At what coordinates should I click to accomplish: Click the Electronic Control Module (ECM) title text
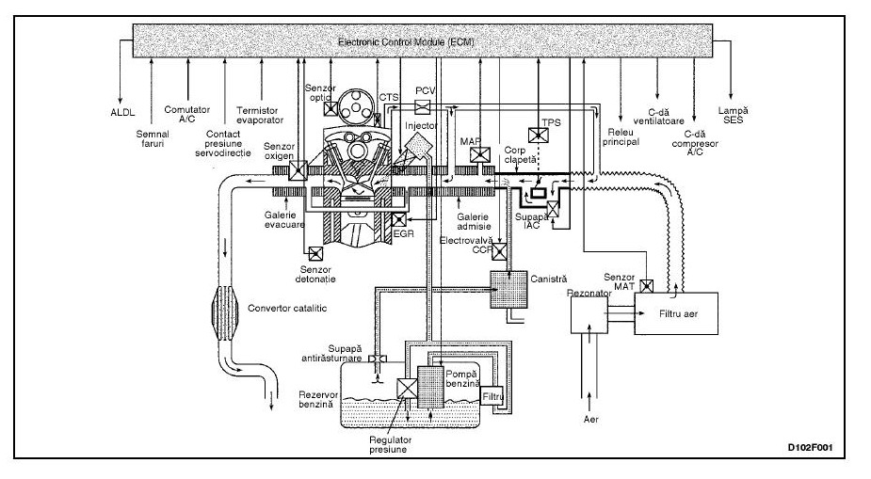click(406, 41)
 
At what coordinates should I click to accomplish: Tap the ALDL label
click(122, 113)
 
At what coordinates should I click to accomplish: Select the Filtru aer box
click(676, 313)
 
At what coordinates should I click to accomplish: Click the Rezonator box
click(589, 313)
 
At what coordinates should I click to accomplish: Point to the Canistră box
click(508, 289)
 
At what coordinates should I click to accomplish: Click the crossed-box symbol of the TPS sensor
click(538, 136)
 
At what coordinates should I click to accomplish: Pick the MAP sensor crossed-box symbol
click(480, 155)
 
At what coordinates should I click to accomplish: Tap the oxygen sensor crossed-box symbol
click(298, 170)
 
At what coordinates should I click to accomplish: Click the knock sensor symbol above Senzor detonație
click(315, 254)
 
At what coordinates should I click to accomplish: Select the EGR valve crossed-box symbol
click(399, 220)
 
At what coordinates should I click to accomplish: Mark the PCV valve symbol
click(423, 107)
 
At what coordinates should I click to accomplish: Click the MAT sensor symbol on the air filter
click(647, 286)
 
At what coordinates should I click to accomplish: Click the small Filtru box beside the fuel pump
click(492, 396)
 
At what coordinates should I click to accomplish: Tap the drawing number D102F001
click(810, 448)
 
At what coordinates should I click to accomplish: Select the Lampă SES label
click(734, 116)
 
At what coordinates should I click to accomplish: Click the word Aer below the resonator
click(591, 419)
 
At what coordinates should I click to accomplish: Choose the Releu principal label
click(621, 137)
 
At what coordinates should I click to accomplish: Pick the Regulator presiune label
click(391, 444)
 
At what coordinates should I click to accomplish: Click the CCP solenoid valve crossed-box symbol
click(500, 251)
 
